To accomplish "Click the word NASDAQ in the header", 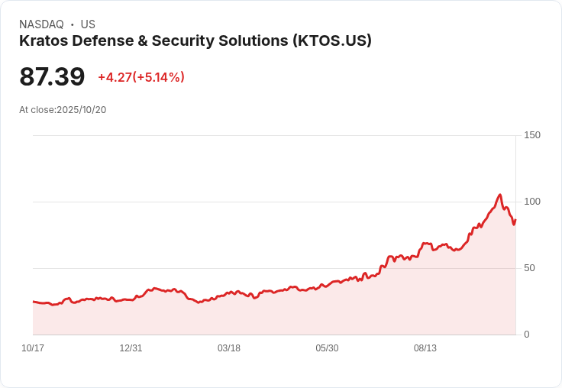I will (x=41, y=24).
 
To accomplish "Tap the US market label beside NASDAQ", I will (x=88, y=24).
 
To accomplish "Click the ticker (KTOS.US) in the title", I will (x=332, y=40).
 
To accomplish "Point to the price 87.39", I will (x=52, y=77).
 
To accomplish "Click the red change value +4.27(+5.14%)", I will (x=141, y=77).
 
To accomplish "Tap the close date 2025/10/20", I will (x=81, y=110).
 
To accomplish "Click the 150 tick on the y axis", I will (x=532, y=135).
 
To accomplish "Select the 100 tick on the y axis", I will (x=532, y=202).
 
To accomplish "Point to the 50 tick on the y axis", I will (x=529, y=268).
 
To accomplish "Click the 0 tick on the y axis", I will (x=527, y=335).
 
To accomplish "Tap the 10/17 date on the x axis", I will (x=33, y=348).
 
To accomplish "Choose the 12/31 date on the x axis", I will (x=131, y=348).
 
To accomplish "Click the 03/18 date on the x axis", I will (x=229, y=348).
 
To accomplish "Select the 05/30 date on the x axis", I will (x=327, y=348).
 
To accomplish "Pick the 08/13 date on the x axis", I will (x=425, y=348).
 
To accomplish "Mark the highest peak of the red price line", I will (x=499, y=195).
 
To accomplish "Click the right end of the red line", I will (x=515, y=220).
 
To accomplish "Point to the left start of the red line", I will (x=34, y=302).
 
